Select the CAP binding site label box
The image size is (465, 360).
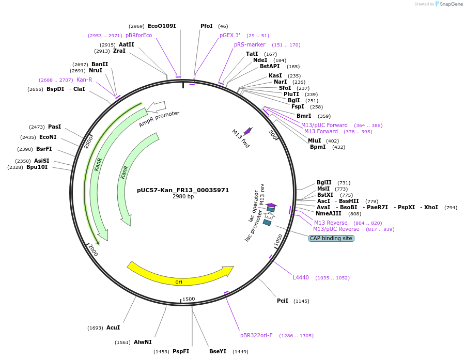tap(331, 238)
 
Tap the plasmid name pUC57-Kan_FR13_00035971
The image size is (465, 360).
tap(183, 190)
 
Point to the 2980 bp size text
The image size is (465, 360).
tap(183, 197)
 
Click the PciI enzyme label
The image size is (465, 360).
tap(283, 301)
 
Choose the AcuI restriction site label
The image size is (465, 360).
tap(113, 327)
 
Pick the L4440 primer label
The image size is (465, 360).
tap(301, 277)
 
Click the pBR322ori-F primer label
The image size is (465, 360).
tap(256, 335)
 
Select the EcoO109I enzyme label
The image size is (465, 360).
tap(162, 26)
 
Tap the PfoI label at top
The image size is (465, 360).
tap(207, 26)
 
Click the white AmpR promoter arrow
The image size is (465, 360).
tap(156, 107)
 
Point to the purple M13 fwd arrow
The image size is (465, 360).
tap(247, 131)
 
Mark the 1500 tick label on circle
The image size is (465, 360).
tap(189, 299)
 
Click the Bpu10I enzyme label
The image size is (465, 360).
tap(37, 167)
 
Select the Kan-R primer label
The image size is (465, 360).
tap(84, 80)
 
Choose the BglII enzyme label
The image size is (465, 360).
tap(324, 182)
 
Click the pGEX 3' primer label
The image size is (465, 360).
tap(230, 35)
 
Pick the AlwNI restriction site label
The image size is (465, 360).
tap(143, 342)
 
